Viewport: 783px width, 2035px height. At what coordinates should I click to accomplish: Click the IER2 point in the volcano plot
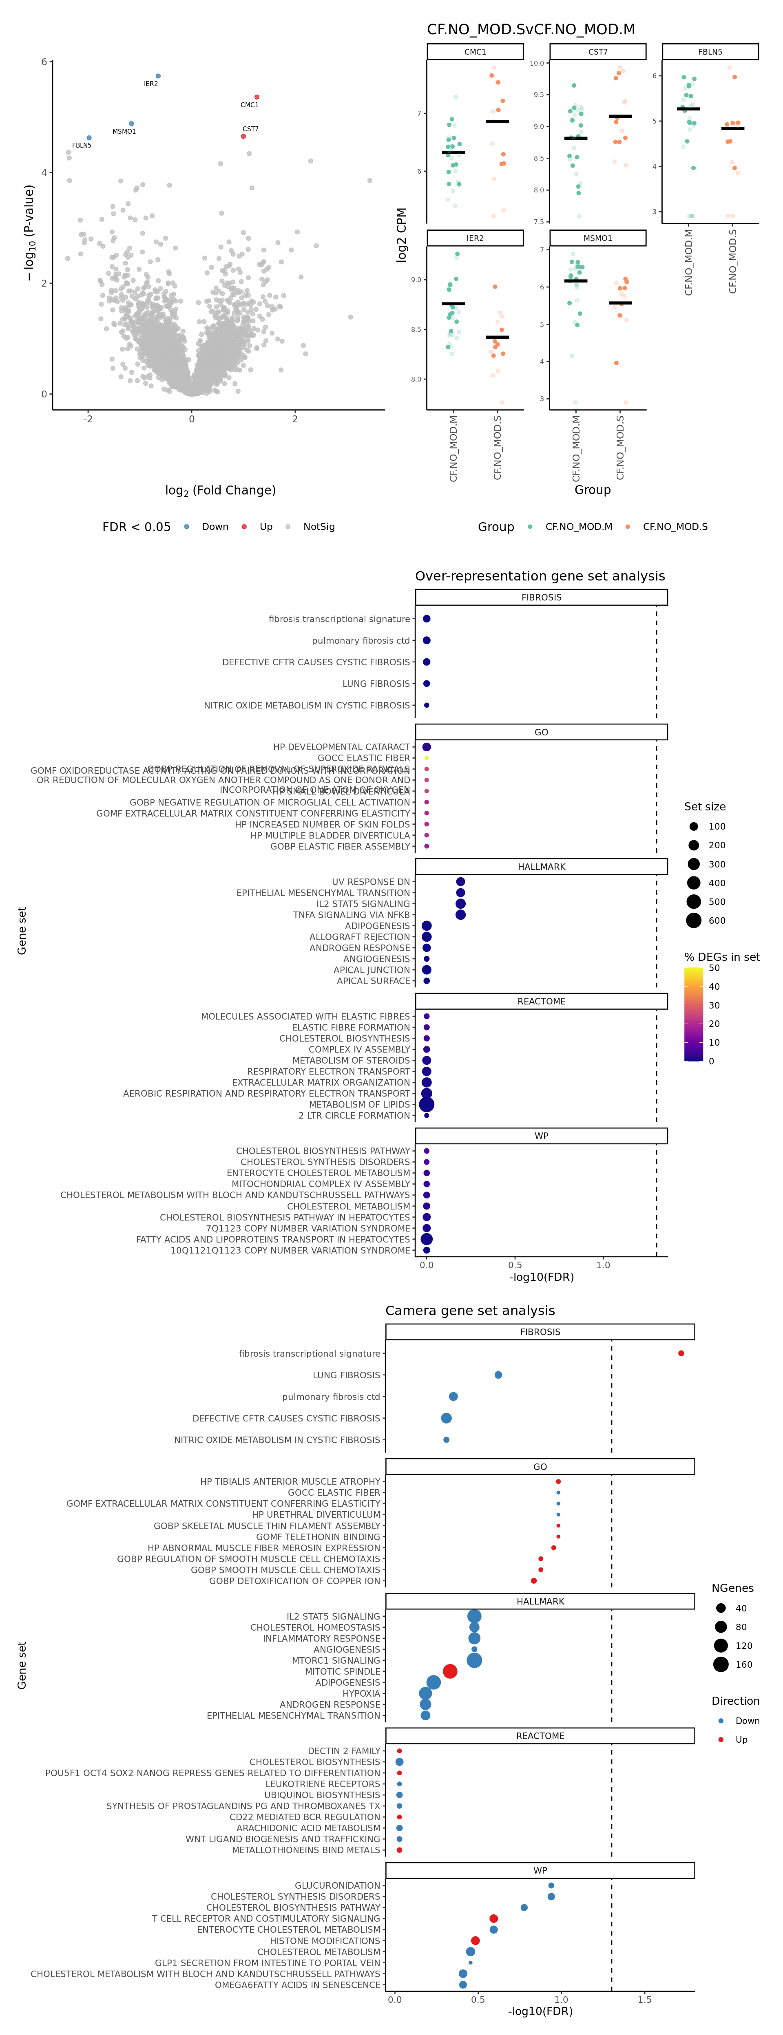(158, 76)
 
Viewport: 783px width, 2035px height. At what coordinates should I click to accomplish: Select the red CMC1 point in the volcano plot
(257, 97)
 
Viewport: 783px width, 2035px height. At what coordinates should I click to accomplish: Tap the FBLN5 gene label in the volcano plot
(82, 146)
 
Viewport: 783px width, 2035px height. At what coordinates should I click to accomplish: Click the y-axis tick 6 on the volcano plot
(44, 62)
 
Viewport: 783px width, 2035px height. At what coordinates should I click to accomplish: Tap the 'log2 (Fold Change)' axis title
(221, 490)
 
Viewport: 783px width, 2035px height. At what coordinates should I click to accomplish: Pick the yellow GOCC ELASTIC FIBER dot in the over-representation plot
(427, 757)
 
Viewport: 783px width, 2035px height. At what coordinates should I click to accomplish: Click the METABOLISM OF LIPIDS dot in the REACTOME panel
(427, 1104)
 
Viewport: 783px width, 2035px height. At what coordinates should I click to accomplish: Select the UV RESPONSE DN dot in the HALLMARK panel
(461, 882)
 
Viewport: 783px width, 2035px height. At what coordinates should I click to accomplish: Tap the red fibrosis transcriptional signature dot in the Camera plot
(681, 1353)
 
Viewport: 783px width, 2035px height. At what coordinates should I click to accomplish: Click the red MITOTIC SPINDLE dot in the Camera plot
(449, 1671)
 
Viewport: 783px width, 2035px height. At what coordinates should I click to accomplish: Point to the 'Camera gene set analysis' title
(470, 1311)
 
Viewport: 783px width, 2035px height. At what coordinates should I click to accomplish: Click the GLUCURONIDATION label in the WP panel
(337, 1885)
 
